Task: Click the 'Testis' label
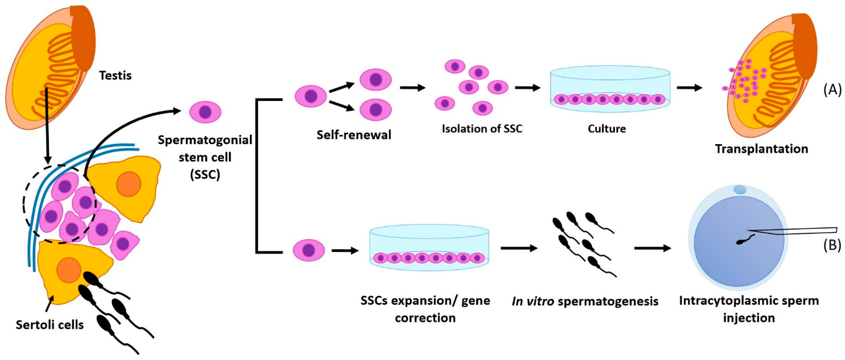[x=115, y=76]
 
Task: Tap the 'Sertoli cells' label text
[x=50, y=325]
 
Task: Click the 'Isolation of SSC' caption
[x=482, y=129]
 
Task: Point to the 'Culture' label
[x=607, y=129]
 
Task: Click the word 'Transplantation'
[x=761, y=149]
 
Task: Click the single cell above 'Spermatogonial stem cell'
[x=205, y=112]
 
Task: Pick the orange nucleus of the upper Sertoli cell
[x=129, y=184]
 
